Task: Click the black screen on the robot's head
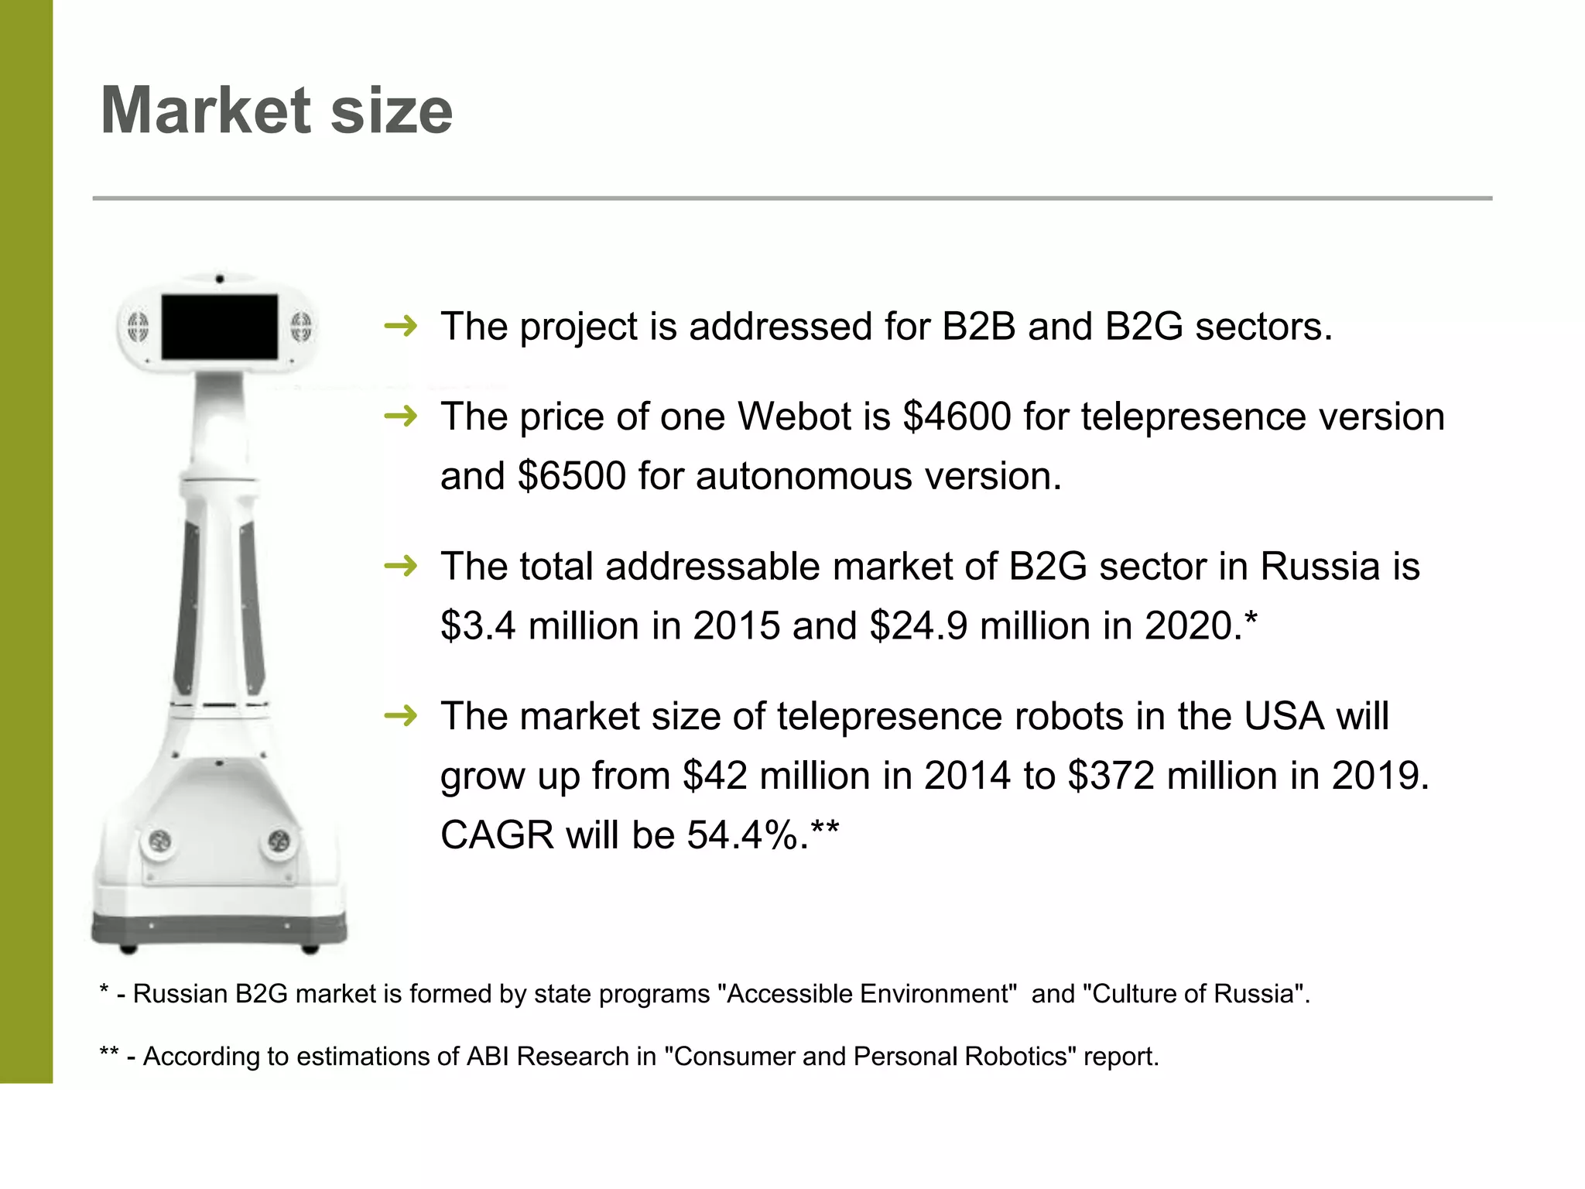point(220,327)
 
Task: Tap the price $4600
point(957,416)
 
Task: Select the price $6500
point(571,476)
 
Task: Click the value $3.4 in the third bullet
point(478,625)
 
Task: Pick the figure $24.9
point(918,625)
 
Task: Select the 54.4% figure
point(747,835)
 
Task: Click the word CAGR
point(497,835)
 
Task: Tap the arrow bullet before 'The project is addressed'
point(401,327)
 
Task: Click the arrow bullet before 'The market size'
point(401,716)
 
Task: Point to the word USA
point(1283,716)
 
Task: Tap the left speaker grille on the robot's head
point(138,327)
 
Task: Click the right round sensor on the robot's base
point(279,841)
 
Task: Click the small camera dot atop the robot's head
point(220,279)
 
